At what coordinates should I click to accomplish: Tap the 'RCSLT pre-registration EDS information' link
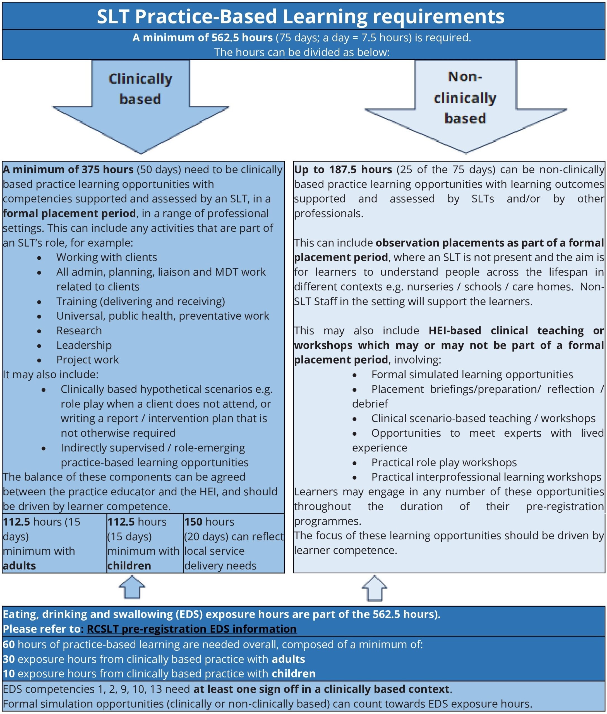[x=192, y=629]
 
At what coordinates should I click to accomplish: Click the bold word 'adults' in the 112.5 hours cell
[x=19, y=565]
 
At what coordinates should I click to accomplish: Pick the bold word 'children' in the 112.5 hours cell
[x=129, y=565]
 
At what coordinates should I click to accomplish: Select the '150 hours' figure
[x=209, y=522]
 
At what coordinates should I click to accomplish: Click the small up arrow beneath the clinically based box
[x=132, y=587]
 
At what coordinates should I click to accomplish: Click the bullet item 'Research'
[x=79, y=331]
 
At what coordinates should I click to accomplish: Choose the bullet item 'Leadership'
[x=84, y=345]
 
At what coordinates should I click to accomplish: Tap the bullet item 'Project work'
[x=87, y=360]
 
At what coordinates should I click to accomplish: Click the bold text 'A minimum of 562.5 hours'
[x=202, y=37]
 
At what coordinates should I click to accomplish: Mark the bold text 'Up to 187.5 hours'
[x=343, y=170]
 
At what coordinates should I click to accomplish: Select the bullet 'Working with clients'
[x=107, y=257]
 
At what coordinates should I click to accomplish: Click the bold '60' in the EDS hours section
[x=9, y=644]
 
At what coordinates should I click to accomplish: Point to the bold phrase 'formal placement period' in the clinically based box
[x=69, y=213]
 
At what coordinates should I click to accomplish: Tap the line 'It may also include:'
[x=51, y=374]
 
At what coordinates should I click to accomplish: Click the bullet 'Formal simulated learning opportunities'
[x=472, y=374]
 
